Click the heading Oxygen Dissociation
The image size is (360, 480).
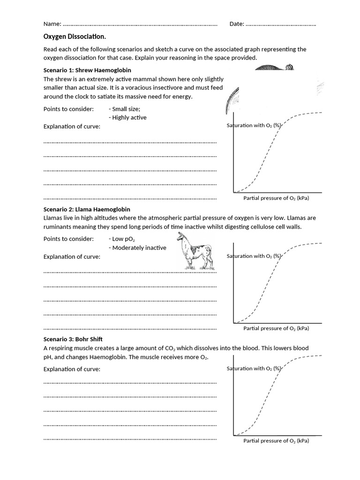(75, 37)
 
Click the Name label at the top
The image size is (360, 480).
(52, 24)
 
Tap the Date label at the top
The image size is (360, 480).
(237, 24)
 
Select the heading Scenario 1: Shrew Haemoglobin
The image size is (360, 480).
(87, 70)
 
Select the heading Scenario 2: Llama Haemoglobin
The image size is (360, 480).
(87, 209)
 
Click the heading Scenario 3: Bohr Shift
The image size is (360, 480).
(73, 339)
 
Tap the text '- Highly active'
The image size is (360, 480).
(127, 118)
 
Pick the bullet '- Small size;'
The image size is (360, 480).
(124, 109)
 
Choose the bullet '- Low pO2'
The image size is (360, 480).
(121, 239)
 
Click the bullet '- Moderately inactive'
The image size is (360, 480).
(137, 248)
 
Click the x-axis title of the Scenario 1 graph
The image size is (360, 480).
(276, 198)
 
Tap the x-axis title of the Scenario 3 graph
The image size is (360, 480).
(276, 441)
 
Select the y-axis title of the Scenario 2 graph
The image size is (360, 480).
(254, 256)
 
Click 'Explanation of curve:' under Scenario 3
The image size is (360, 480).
(72, 369)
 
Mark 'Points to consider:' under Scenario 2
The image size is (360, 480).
(68, 239)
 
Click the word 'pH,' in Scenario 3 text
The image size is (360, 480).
(49, 357)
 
